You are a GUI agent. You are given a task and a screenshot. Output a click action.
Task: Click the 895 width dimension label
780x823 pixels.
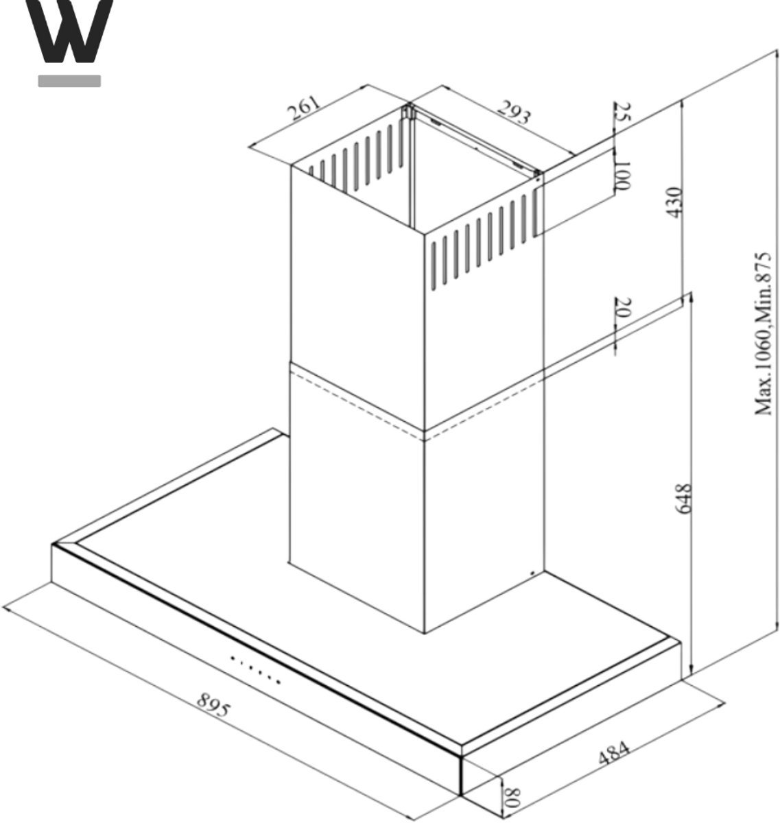(213, 705)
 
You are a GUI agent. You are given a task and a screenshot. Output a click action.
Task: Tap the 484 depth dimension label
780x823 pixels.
(613, 754)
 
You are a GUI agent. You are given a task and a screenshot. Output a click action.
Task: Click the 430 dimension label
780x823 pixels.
(674, 202)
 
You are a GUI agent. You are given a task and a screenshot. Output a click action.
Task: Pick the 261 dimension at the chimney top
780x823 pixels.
(304, 108)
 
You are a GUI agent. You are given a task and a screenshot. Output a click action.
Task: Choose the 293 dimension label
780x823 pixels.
(514, 112)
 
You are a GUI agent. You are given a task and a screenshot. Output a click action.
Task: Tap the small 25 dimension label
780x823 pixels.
(622, 112)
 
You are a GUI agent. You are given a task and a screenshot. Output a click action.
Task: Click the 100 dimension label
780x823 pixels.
(622, 174)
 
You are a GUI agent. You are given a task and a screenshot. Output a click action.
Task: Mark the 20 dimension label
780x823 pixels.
(623, 307)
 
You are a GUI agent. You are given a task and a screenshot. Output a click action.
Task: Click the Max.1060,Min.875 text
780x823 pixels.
(763, 333)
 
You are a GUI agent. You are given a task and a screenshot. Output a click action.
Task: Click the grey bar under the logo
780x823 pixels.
(69, 81)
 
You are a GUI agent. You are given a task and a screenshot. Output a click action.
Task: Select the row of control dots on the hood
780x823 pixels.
(255, 670)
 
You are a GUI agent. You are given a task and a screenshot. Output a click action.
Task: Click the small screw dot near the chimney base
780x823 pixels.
(532, 573)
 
